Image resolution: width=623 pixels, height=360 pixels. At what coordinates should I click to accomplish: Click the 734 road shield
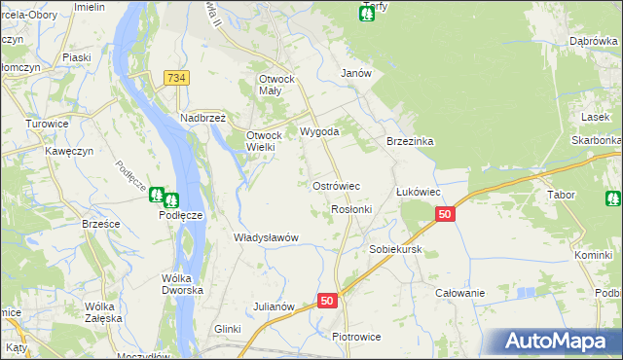176,78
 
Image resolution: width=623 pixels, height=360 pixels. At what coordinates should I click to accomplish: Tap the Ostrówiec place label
336,185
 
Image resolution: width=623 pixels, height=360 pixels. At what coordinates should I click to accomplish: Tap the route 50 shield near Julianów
327,302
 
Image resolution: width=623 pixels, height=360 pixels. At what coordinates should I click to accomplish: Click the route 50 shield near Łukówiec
445,215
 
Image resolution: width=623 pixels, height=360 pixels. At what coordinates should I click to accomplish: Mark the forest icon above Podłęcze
165,198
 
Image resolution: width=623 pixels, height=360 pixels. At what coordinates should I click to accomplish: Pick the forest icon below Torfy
367,16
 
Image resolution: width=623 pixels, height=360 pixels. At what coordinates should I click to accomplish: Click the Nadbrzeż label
202,118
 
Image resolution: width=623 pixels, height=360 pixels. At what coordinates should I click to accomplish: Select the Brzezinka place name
409,141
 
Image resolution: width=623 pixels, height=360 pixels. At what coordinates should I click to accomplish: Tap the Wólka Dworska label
182,284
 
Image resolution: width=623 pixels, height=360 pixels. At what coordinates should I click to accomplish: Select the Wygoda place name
319,131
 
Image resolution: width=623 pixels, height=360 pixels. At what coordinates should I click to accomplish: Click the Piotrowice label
355,337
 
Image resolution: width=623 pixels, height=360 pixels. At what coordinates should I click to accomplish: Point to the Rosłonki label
351,209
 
